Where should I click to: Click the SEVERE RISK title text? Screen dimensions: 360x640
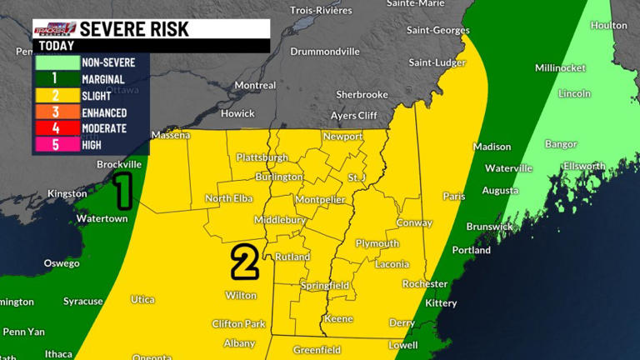point(134,29)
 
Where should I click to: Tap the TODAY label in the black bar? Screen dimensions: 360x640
point(56,46)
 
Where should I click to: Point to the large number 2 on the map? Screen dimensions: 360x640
point(243,262)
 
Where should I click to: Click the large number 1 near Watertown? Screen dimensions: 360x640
point(123,191)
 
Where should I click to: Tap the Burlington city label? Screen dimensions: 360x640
point(278,177)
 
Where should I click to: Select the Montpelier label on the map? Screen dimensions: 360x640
point(317,201)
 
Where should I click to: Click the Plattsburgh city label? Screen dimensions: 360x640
point(262,157)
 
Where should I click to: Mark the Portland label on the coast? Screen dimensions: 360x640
point(471,250)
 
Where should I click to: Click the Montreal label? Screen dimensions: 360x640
point(255,85)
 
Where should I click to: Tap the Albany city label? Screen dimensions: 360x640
point(239,343)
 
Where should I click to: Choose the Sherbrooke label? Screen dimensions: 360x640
point(362,94)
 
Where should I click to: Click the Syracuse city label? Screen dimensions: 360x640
point(83,301)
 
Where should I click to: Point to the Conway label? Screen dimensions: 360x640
point(414,222)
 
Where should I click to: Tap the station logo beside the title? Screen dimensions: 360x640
point(55,29)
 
